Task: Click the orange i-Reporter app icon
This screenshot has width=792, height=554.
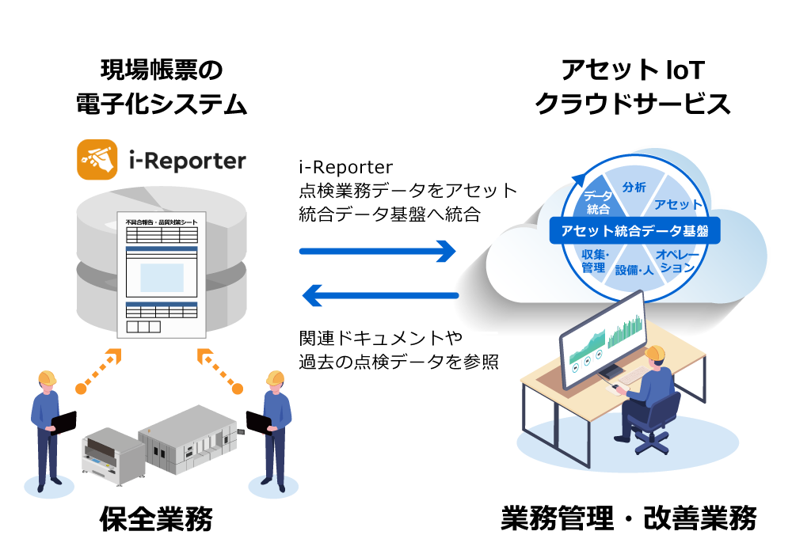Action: click(x=97, y=160)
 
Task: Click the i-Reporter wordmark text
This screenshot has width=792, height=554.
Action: click(x=187, y=161)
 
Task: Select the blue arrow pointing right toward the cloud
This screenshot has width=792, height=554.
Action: click(x=378, y=251)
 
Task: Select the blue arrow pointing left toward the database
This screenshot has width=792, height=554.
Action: click(x=381, y=296)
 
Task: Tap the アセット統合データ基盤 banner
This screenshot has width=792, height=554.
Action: click(x=634, y=231)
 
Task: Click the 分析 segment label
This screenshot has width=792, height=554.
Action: click(x=634, y=188)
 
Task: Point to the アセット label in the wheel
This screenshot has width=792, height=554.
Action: click(x=678, y=204)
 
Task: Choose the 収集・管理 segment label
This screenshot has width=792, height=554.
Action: click(x=593, y=260)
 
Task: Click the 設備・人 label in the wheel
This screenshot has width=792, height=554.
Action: click(x=634, y=270)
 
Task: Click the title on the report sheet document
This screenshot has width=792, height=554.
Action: click(x=162, y=222)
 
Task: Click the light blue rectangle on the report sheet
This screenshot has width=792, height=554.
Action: click(x=162, y=277)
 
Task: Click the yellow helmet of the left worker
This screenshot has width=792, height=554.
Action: click(x=48, y=378)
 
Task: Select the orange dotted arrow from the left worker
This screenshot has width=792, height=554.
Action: click(x=99, y=369)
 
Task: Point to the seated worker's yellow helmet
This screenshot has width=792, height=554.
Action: click(x=655, y=353)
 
